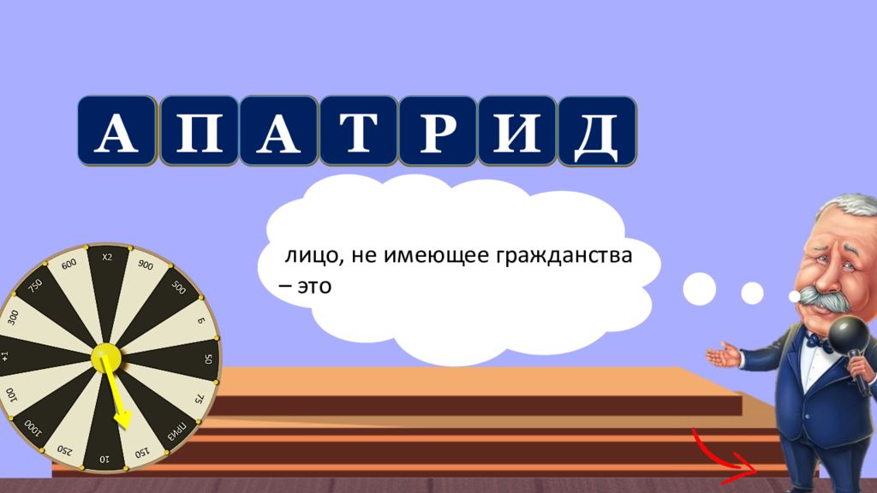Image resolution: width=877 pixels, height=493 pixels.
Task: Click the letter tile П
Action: pos(199,131)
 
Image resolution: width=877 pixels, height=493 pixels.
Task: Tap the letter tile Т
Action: pos(359,131)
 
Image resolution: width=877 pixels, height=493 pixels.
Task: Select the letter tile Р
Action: pos(438,131)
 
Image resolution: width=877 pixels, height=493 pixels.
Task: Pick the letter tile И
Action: pos(517,131)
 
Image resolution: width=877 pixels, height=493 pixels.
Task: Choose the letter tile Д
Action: pos(597,131)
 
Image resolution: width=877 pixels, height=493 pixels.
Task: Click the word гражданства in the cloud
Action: pos(564,256)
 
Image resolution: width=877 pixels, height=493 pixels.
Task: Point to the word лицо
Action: pos(311,256)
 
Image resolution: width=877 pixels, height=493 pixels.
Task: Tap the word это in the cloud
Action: pos(314,287)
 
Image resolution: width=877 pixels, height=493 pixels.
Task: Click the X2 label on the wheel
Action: pos(107,257)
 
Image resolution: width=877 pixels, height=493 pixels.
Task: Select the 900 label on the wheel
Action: pos(146,265)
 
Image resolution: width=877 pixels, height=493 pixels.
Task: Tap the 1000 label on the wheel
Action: pos(33,427)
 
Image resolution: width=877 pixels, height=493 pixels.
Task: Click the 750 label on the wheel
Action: pos(35,286)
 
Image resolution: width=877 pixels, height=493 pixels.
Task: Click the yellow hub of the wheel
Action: pos(105,357)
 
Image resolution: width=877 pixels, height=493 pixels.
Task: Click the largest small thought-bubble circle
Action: pos(699,289)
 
